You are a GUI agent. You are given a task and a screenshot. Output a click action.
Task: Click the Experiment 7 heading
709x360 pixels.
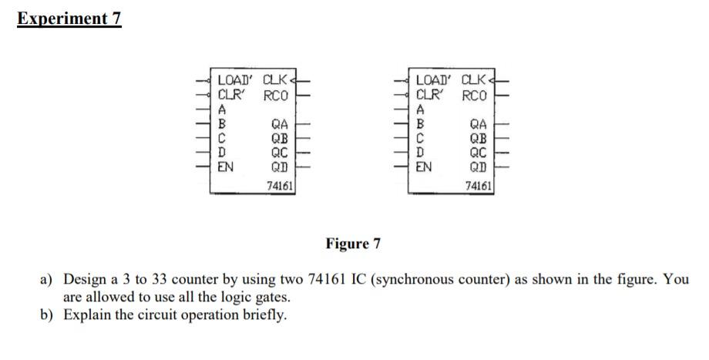point(69,18)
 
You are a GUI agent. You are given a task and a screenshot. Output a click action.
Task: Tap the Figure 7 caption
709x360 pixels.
point(353,244)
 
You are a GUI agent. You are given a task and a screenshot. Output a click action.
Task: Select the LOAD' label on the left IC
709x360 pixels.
point(237,79)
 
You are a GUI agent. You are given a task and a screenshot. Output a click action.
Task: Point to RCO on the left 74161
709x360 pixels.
point(276,96)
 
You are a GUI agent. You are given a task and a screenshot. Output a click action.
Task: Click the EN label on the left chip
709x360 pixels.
point(227,165)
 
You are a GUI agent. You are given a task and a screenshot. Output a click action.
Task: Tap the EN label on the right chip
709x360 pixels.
point(424,165)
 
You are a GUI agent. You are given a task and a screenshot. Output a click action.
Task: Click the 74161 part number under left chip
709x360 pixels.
point(278,185)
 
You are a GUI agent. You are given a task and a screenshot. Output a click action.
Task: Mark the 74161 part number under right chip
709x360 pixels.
point(479,185)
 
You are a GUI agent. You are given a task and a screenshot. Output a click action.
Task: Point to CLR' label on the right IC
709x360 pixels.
point(428,96)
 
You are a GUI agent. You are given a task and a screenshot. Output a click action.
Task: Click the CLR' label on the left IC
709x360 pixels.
point(231,96)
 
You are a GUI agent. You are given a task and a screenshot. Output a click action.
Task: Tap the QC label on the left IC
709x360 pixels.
point(280,152)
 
